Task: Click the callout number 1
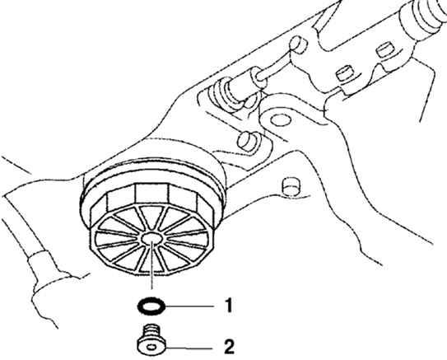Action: pyautogui.click(x=229, y=306)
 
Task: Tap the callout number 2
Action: pyautogui.click(x=229, y=347)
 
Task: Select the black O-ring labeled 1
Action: pyautogui.click(x=151, y=306)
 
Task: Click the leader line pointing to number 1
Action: pyautogui.click(x=189, y=306)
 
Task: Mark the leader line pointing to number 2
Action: pyautogui.click(x=189, y=348)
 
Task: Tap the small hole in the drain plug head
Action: pyautogui.click(x=152, y=348)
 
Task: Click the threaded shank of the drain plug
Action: pyautogui.click(x=151, y=331)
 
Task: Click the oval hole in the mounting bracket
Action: pyautogui.click(x=281, y=120)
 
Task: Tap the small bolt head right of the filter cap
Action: pyautogui.click(x=291, y=187)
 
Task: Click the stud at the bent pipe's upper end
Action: pyautogui.click(x=298, y=44)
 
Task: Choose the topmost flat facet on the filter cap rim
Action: pyautogui.click(x=151, y=194)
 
